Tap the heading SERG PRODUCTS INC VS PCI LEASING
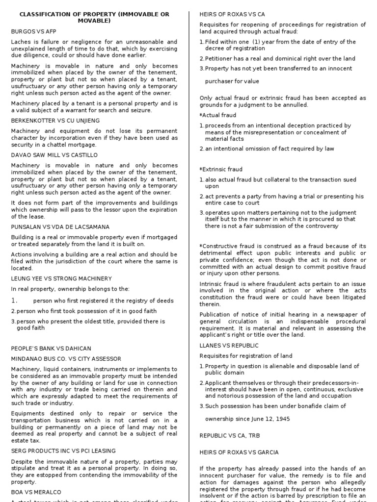tap(63, 451)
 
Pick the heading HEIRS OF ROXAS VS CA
tap(232, 14)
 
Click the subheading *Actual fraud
tap(218, 115)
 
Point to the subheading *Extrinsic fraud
tap(221, 169)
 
